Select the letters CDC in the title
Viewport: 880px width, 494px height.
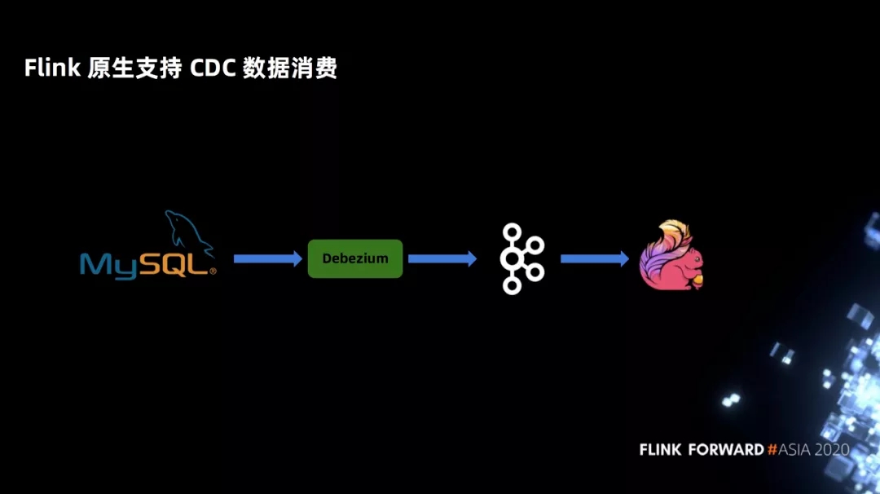[x=213, y=68]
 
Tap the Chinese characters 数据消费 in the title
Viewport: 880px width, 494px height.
[x=290, y=68]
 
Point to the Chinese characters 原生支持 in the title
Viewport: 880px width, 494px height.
[x=134, y=68]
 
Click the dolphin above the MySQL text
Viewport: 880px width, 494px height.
[x=187, y=232]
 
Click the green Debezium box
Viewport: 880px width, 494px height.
[x=355, y=258]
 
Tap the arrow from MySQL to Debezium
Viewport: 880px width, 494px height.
[x=268, y=258]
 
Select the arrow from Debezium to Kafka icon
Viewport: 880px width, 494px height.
[x=442, y=258]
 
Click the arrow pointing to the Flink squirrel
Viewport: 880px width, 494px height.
[x=595, y=258]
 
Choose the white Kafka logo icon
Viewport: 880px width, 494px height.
[x=522, y=258]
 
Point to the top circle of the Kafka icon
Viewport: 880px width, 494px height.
[x=512, y=232]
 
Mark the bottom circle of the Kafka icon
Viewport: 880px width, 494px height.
[x=512, y=286]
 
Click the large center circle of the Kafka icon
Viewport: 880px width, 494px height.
[x=511, y=258]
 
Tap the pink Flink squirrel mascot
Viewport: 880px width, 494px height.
[x=671, y=255]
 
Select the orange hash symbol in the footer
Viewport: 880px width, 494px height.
[x=772, y=450]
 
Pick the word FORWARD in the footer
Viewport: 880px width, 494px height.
[x=726, y=450]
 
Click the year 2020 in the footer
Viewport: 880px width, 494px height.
[x=832, y=450]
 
